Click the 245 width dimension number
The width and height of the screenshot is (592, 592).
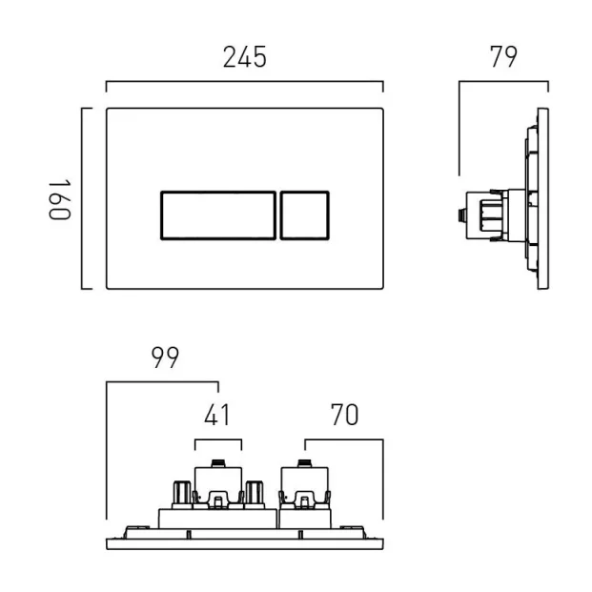(245, 57)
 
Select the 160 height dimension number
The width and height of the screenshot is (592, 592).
(60, 197)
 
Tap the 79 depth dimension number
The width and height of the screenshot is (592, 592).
(502, 57)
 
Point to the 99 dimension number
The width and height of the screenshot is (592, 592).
(165, 358)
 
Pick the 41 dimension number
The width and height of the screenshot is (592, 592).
(217, 416)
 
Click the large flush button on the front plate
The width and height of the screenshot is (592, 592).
(216, 214)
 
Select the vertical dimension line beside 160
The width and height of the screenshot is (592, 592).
(83, 197)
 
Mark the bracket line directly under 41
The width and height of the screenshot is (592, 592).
(217, 440)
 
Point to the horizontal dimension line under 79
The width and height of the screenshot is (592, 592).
(502, 83)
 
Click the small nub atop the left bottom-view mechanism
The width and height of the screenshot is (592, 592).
(217, 462)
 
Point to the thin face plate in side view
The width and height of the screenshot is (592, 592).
(544, 197)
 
